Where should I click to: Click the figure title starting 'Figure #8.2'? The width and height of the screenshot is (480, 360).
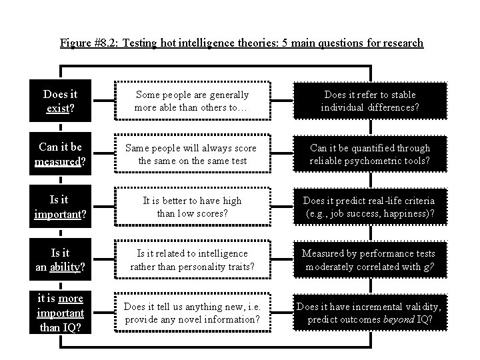[241, 43]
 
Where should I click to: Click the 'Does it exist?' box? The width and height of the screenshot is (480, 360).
[60, 101]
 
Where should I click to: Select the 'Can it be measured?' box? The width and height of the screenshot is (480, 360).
[60, 154]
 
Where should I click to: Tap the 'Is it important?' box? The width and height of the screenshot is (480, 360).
[60, 207]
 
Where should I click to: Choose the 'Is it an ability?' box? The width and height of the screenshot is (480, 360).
[60, 260]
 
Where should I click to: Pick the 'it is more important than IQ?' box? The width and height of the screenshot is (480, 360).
[60, 313]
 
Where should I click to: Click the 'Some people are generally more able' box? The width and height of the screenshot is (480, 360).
[192, 101]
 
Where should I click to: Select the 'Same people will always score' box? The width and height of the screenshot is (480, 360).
[192, 154]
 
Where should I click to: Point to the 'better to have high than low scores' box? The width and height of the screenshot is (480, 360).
[192, 207]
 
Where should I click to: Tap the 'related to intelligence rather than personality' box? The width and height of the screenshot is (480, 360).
[192, 260]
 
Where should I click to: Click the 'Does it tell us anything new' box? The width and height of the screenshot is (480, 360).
[192, 313]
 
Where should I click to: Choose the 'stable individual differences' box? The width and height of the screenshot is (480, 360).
[369, 101]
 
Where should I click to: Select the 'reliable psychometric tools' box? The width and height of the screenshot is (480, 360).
[369, 154]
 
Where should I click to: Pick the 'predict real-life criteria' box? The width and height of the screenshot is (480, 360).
[369, 207]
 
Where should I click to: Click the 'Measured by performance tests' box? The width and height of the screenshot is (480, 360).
[369, 260]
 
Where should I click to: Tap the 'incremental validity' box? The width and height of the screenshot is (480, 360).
[369, 313]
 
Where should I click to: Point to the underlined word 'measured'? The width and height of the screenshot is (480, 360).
[57, 161]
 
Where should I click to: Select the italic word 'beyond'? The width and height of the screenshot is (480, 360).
[399, 319]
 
